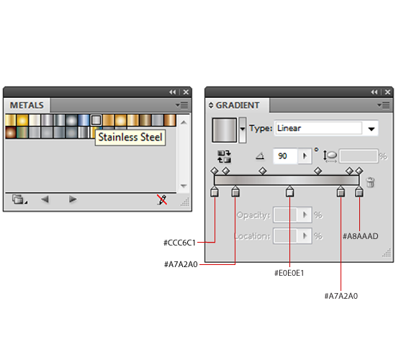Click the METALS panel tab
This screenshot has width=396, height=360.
click(x=27, y=105)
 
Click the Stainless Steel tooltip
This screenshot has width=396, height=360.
click(x=130, y=138)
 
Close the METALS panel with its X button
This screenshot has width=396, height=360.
click(x=186, y=92)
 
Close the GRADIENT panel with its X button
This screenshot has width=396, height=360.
click(x=387, y=92)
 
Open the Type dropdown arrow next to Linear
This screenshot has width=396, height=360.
click(x=371, y=129)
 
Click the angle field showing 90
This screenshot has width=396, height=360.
click(x=285, y=156)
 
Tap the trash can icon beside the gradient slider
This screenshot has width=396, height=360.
click(x=370, y=182)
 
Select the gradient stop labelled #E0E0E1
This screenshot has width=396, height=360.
click(x=289, y=192)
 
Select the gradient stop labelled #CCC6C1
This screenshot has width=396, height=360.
click(x=215, y=192)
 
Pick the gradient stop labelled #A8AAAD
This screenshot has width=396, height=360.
click(x=359, y=192)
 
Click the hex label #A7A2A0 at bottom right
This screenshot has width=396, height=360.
click(x=341, y=296)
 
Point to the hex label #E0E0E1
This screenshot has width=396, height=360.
click(x=289, y=273)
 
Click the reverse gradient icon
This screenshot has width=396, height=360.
click(x=224, y=156)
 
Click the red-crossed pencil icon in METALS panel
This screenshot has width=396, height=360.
click(x=162, y=199)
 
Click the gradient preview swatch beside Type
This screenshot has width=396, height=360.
click(x=224, y=130)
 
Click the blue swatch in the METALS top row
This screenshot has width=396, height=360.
click(x=84, y=120)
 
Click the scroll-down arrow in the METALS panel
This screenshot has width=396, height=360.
click(x=184, y=186)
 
